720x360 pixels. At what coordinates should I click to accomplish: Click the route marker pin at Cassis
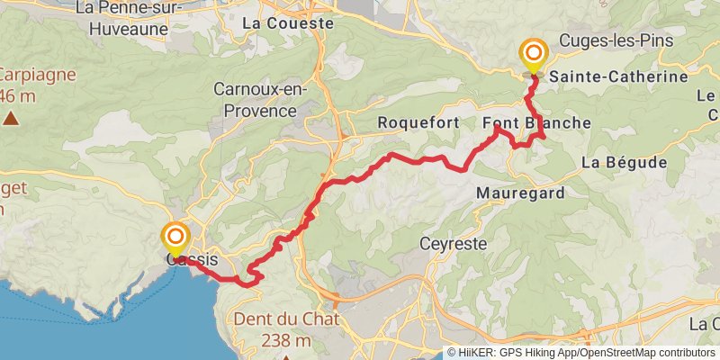pos(175,238)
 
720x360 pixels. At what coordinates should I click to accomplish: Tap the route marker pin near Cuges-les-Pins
pos(534,54)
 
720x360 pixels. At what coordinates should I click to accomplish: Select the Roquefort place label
pos(418,122)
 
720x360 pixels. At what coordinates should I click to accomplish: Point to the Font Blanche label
pos(536,122)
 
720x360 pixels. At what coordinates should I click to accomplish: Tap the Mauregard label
pos(520,193)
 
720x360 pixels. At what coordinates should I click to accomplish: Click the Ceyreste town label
pos(454,243)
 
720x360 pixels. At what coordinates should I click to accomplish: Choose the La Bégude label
pos(624,163)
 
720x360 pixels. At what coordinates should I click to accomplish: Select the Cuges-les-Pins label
pos(616,41)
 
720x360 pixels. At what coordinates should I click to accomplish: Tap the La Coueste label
pos(288,22)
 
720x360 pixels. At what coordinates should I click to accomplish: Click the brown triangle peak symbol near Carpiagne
pos(11,118)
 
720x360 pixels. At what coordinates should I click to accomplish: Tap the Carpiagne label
pos(32,75)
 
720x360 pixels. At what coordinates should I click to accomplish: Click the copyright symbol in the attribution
pos(453,353)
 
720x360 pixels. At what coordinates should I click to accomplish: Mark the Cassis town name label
pos(192,260)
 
